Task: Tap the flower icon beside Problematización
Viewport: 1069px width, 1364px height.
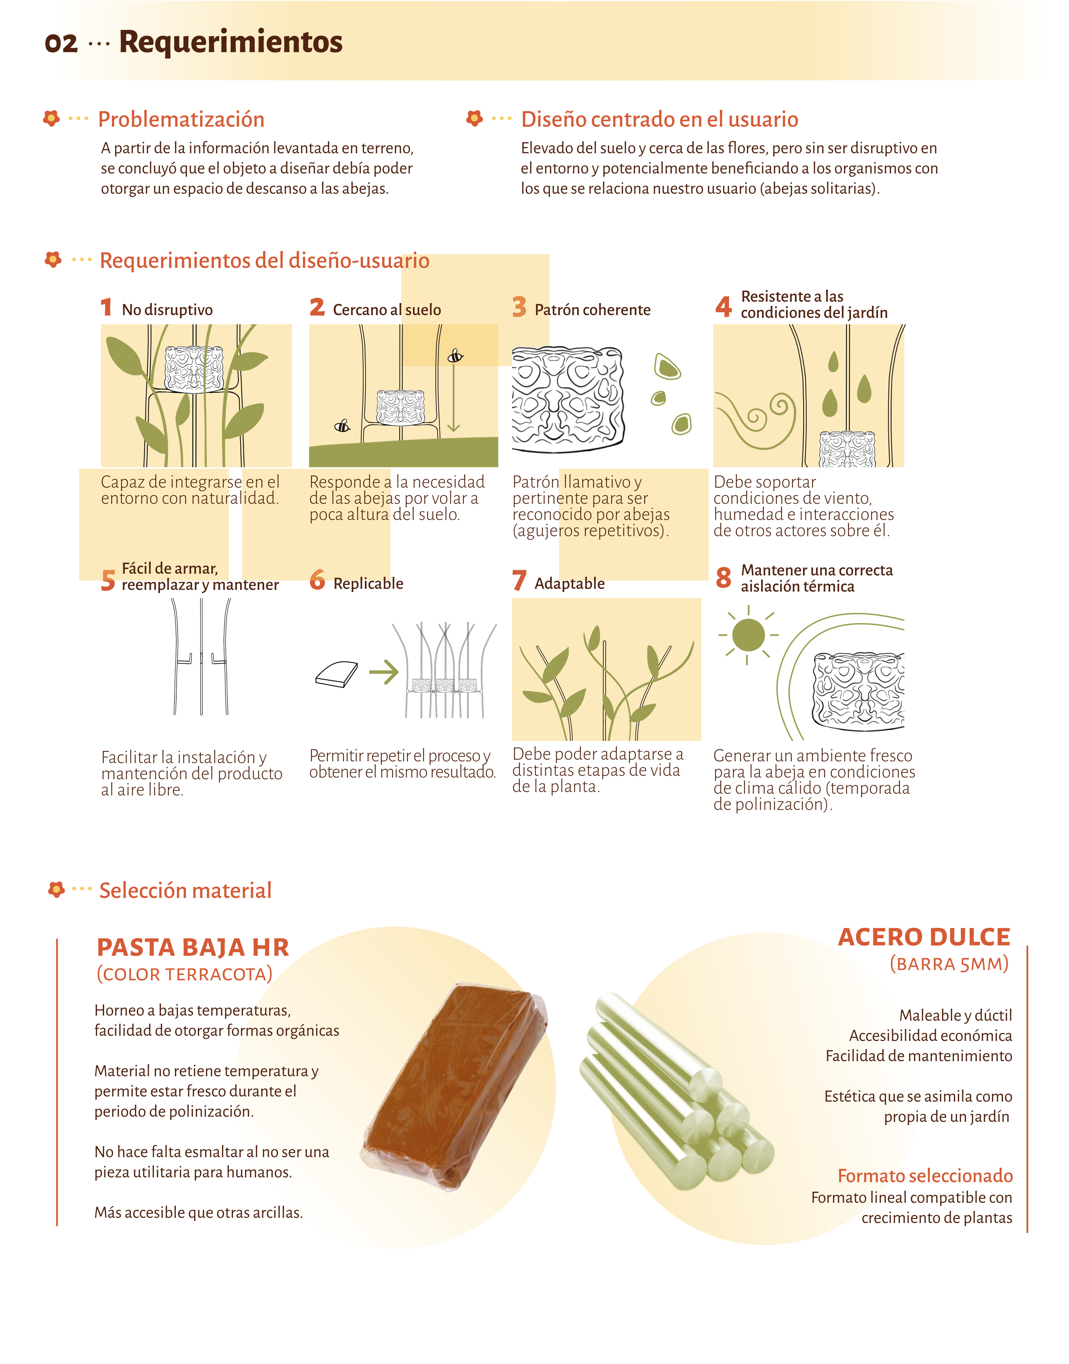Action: (51, 118)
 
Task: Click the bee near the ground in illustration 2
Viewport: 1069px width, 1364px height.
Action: (342, 426)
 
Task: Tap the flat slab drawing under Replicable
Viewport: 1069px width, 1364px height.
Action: (336, 675)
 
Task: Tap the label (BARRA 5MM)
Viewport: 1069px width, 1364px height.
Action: (949, 964)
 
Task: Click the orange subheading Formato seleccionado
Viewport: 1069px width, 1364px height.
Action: (925, 1176)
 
